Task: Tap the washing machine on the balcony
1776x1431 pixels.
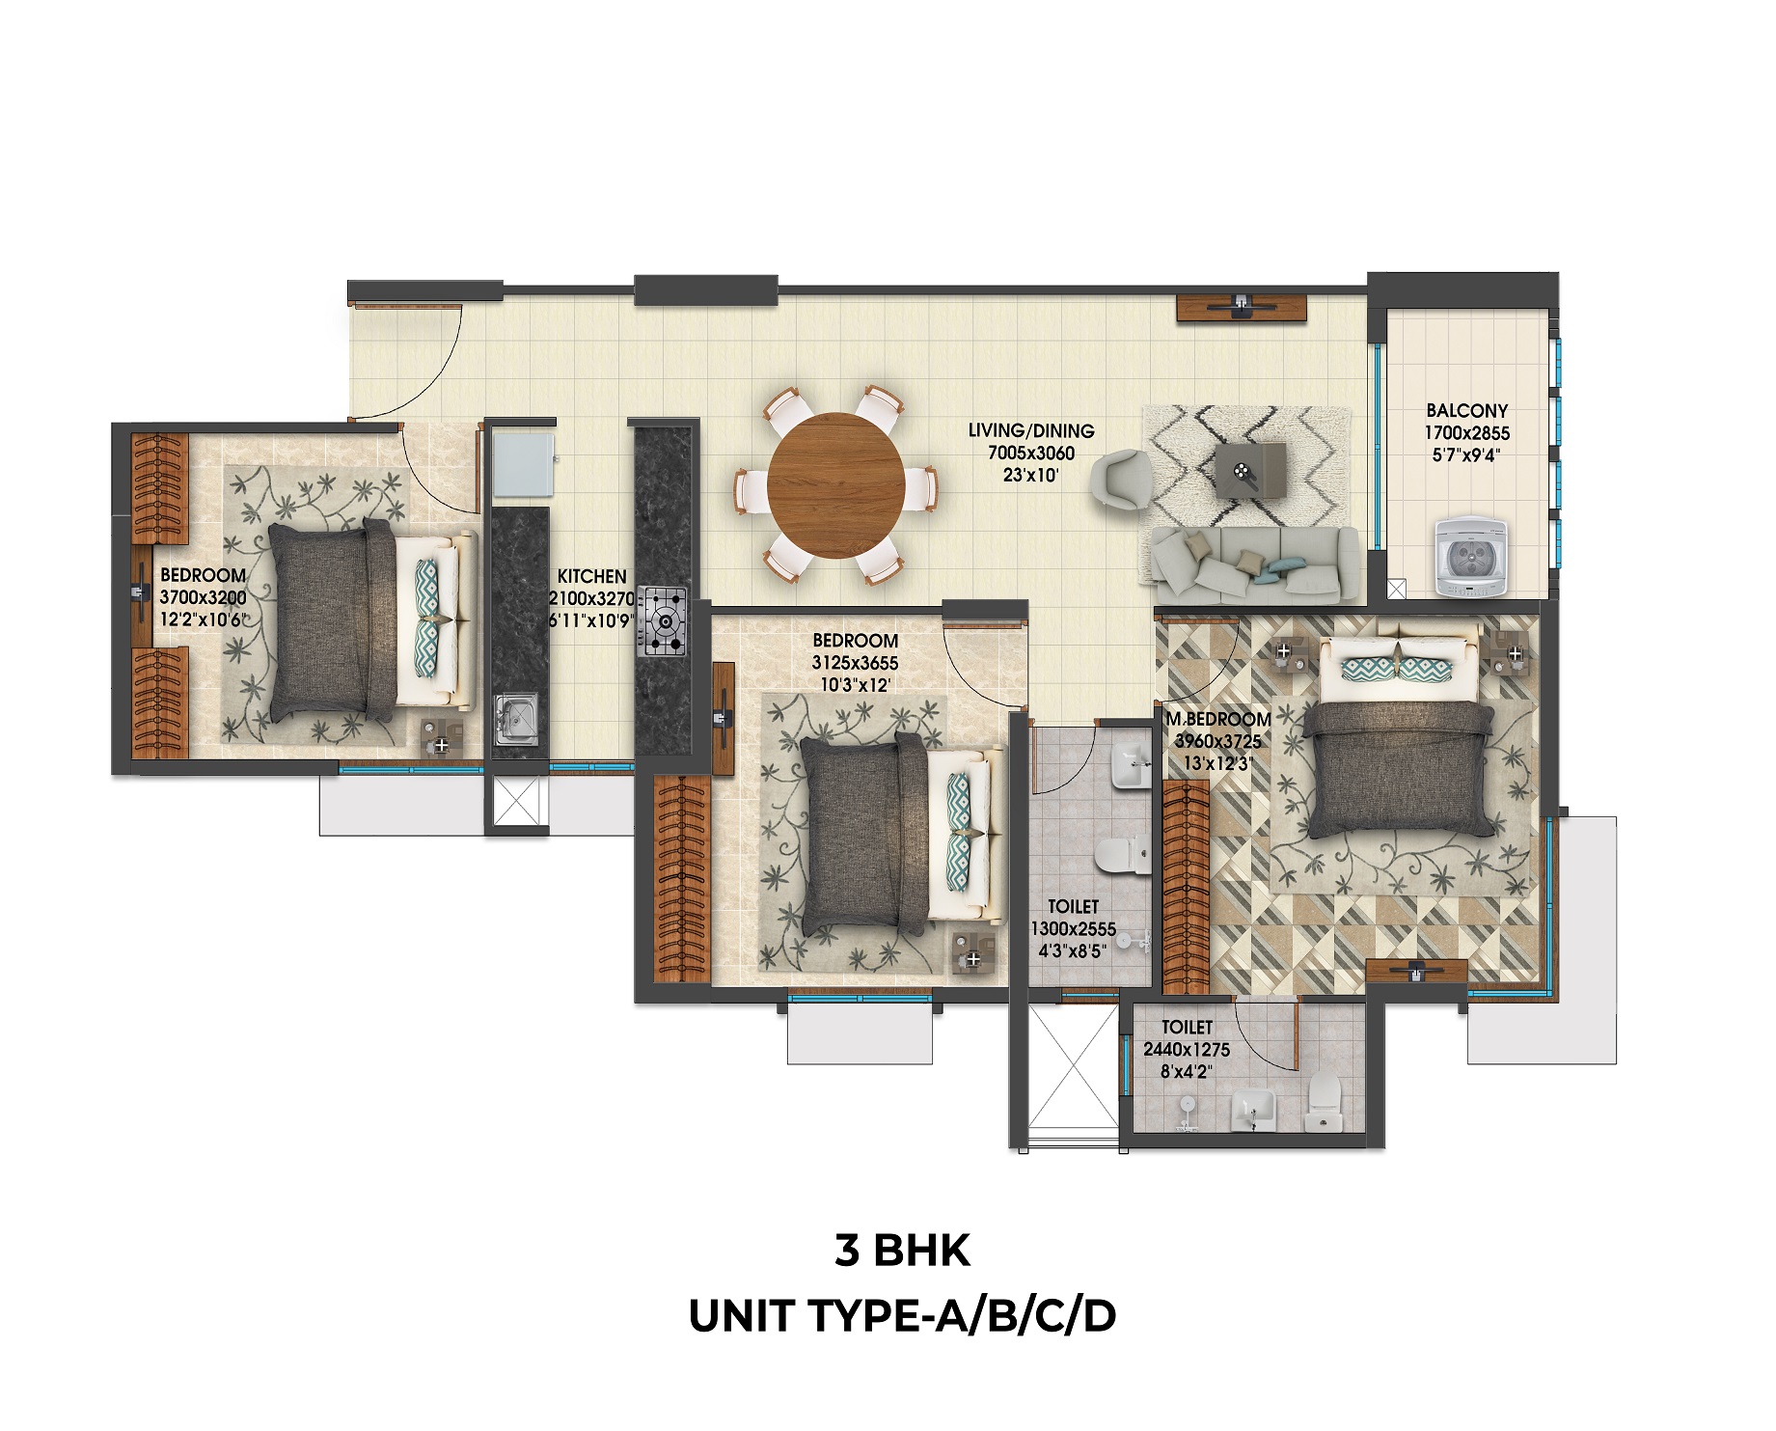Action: pos(1470,557)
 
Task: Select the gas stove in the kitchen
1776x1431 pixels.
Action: pos(662,622)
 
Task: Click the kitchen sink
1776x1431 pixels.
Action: pos(519,719)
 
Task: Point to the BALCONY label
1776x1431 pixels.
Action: pos(1466,411)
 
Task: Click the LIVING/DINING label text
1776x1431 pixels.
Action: pos(1031,430)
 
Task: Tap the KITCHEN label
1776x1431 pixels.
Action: pos(591,576)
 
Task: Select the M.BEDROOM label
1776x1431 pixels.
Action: pos(1218,719)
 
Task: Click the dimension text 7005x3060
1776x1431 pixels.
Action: pos(1031,453)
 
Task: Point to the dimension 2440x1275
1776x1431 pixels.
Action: pos(1187,1049)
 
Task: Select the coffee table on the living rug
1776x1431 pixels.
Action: pos(1250,471)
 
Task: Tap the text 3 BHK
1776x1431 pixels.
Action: pos(902,1251)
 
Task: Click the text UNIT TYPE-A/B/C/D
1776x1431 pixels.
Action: pos(902,1315)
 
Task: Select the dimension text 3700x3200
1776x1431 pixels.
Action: pos(203,597)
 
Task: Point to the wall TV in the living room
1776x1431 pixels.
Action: pos(1242,307)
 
